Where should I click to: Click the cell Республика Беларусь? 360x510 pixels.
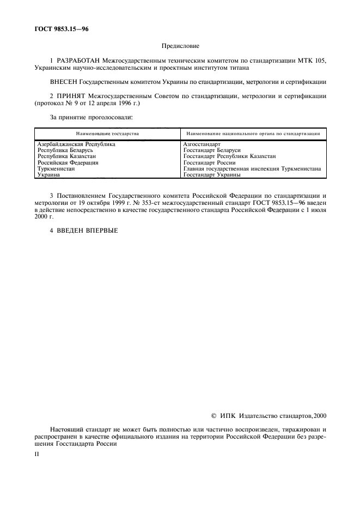pyautogui.click(x=65, y=150)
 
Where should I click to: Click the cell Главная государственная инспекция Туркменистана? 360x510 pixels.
pyautogui.click(x=252, y=169)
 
